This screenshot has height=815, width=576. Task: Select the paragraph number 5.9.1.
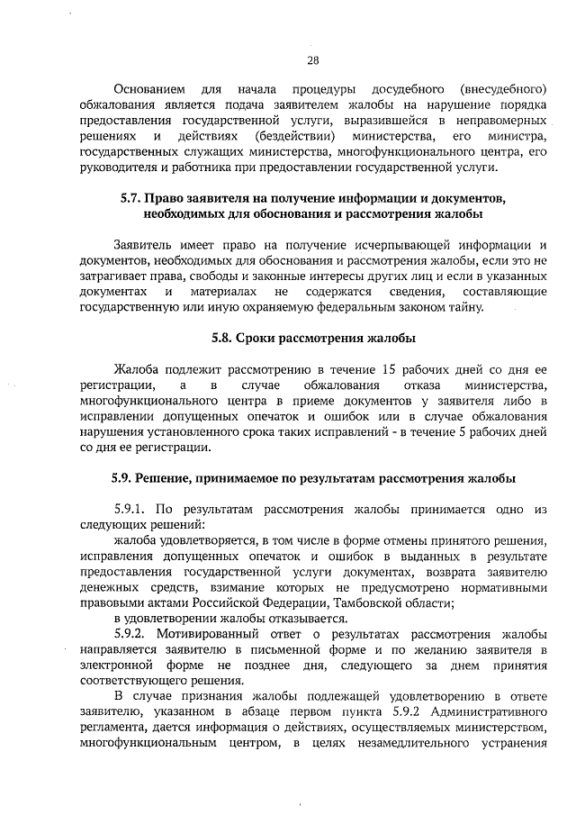point(135,509)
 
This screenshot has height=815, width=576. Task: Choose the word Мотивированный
point(209,634)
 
